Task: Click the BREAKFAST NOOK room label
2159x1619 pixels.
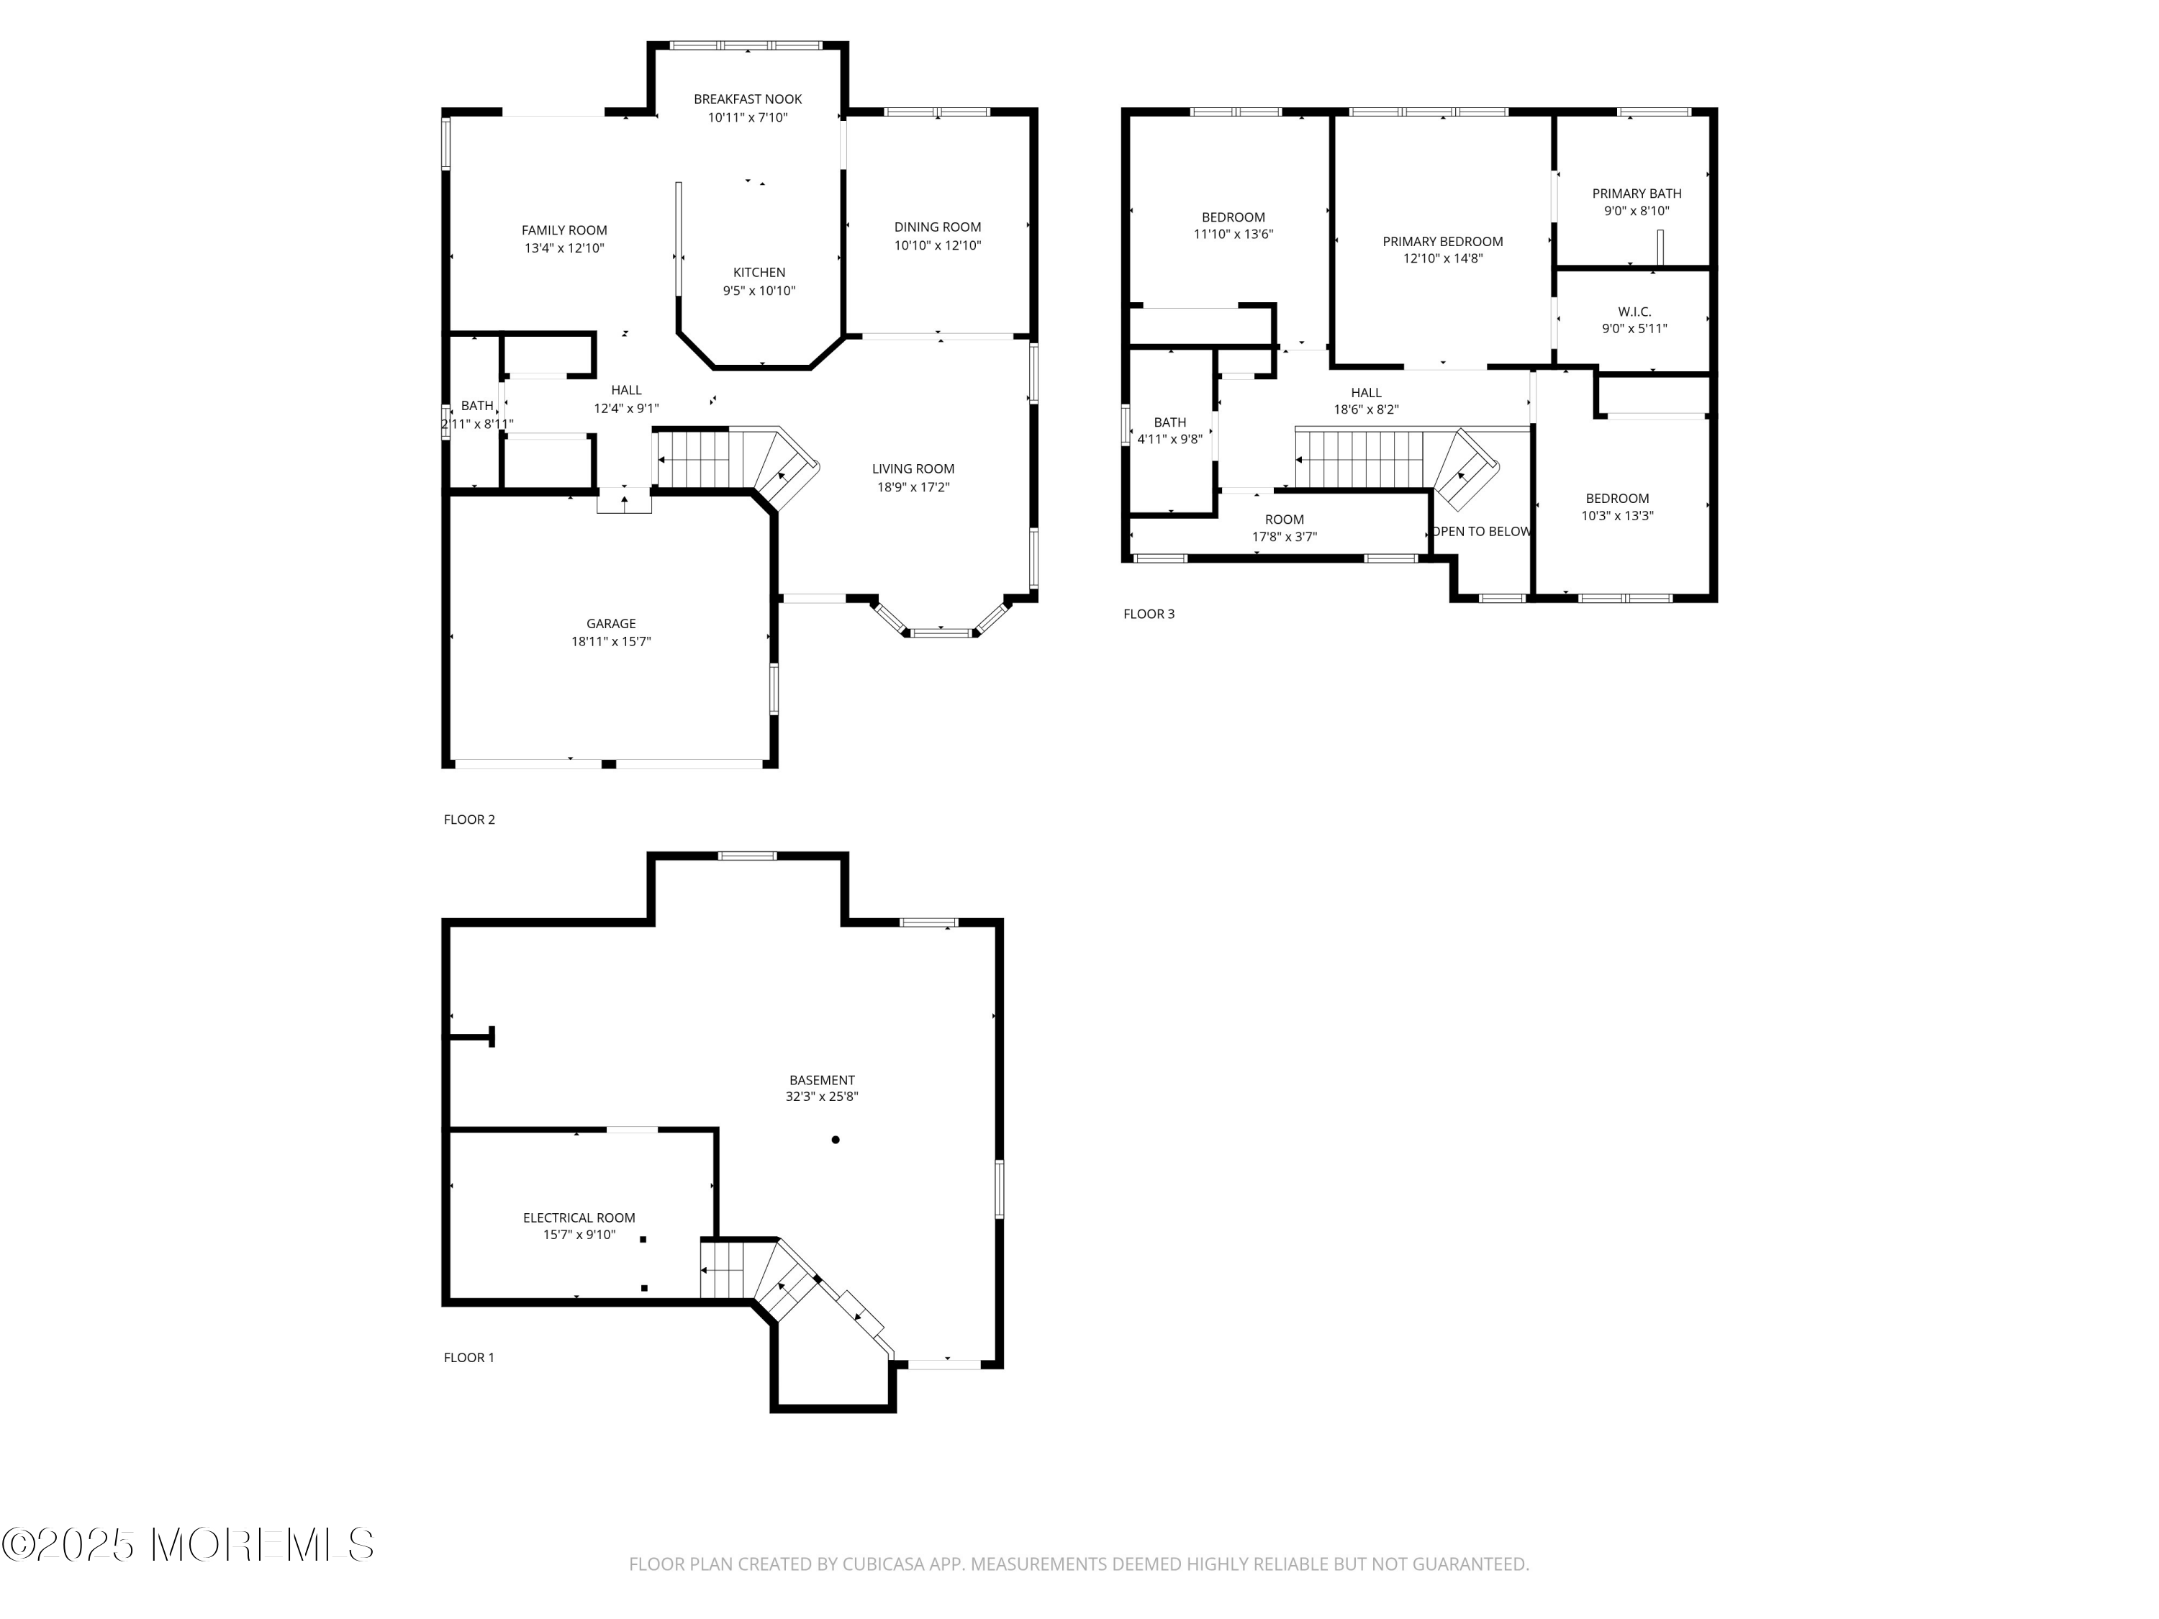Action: point(748,99)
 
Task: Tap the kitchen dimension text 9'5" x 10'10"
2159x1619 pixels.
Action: point(759,291)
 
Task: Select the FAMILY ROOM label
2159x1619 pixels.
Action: point(564,230)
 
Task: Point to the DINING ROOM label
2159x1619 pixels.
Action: point(937,227)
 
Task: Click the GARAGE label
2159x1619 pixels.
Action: point(611,624)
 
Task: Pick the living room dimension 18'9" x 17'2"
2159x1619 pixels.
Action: point(913,487)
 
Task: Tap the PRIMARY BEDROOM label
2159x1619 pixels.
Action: point(1443,242)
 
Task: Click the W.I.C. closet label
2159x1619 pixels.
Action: point(1634,312)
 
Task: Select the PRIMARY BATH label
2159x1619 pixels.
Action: point(1637,194)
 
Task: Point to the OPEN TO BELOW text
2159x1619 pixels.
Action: point(1482,532)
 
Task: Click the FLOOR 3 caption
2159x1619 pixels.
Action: point(1149,614)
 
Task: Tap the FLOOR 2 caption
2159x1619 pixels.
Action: point(469,820)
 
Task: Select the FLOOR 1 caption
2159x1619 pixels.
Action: point(469,1358)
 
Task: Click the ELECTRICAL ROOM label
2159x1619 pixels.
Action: point(579,1218)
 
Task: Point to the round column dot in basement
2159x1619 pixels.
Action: point(836,1140)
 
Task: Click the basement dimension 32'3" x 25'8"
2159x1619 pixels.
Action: point(822,1097)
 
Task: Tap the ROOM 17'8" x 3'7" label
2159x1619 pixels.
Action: point(1285,528)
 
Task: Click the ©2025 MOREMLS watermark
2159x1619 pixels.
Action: point(187,1545)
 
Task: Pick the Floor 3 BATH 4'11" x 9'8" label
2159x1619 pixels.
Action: point(1169,430)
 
